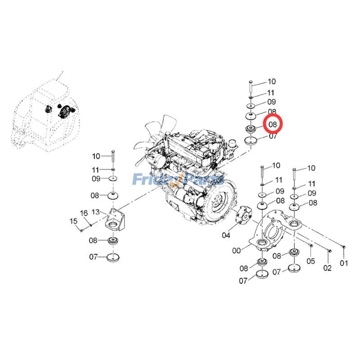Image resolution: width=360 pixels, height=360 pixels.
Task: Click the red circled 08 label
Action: point(273,124)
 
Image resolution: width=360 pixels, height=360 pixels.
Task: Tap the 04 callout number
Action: point(226,235)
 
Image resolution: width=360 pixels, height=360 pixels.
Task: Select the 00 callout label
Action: point(237,251)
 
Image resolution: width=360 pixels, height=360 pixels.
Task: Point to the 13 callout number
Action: point(95,211)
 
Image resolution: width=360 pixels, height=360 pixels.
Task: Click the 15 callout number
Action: point(73,221)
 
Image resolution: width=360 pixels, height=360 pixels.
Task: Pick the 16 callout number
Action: point(84,213)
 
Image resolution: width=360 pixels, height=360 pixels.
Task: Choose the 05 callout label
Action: point(310,261)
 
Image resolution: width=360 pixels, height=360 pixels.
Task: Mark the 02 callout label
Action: point(328,268)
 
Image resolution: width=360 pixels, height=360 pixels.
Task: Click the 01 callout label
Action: point(344,263)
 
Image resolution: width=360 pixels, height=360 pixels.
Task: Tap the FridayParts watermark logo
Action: point(179,179)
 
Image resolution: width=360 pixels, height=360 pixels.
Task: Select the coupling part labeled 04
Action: point(244,215)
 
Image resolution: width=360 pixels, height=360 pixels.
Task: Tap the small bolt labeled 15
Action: point(81,230)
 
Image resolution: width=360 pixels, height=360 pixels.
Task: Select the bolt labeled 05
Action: point(310,246)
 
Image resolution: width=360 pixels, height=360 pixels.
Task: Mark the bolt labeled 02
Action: point(328,251)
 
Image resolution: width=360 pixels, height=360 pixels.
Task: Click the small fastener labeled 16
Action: point(91,225)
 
